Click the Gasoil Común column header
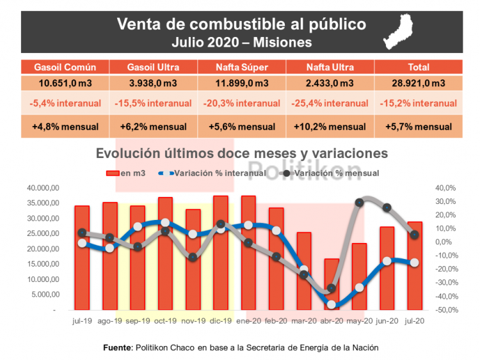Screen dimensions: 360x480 pyautogui.click(x=65, y=67)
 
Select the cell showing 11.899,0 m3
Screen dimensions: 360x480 pyautogui.click(x=241, y=83)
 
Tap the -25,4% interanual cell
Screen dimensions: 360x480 pyautogui.click(x=330, y=103)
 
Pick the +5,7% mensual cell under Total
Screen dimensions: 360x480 pyautogui.click(x=418, y=126)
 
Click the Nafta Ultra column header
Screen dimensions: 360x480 pyautogui.click(x=330, y=67)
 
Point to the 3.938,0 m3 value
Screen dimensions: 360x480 pyautogui.click(x=153, y=83)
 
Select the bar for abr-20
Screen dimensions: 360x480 pyautogui.click(x=332, y=285)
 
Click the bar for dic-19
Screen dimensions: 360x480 pyautogui.click(x=221, y=253)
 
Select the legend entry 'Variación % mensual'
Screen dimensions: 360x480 pyautogui.click(x=333, y=173)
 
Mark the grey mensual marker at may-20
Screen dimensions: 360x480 pyautogui.click(x=359, y=203)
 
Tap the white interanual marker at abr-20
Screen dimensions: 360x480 pyautogui.click(x=332, y=305)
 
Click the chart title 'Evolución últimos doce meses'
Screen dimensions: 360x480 pyautogui.click(x=241, y=153)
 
